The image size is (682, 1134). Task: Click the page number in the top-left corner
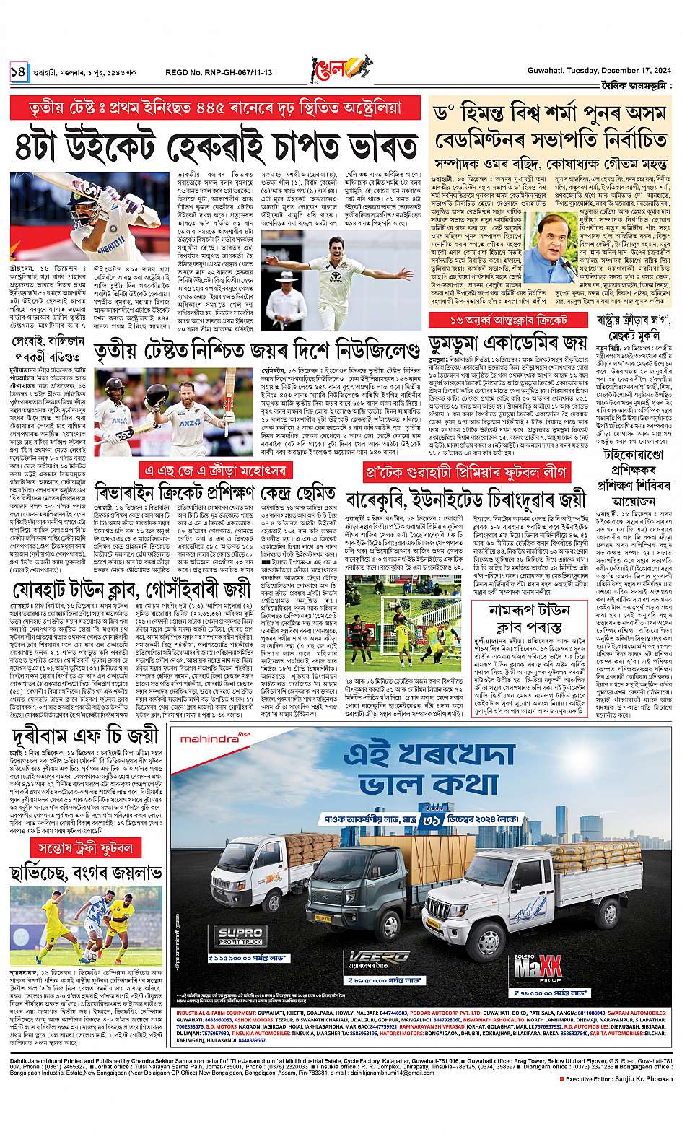[x=17, y=71]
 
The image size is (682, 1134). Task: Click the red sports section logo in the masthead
[x=338, y=70]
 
